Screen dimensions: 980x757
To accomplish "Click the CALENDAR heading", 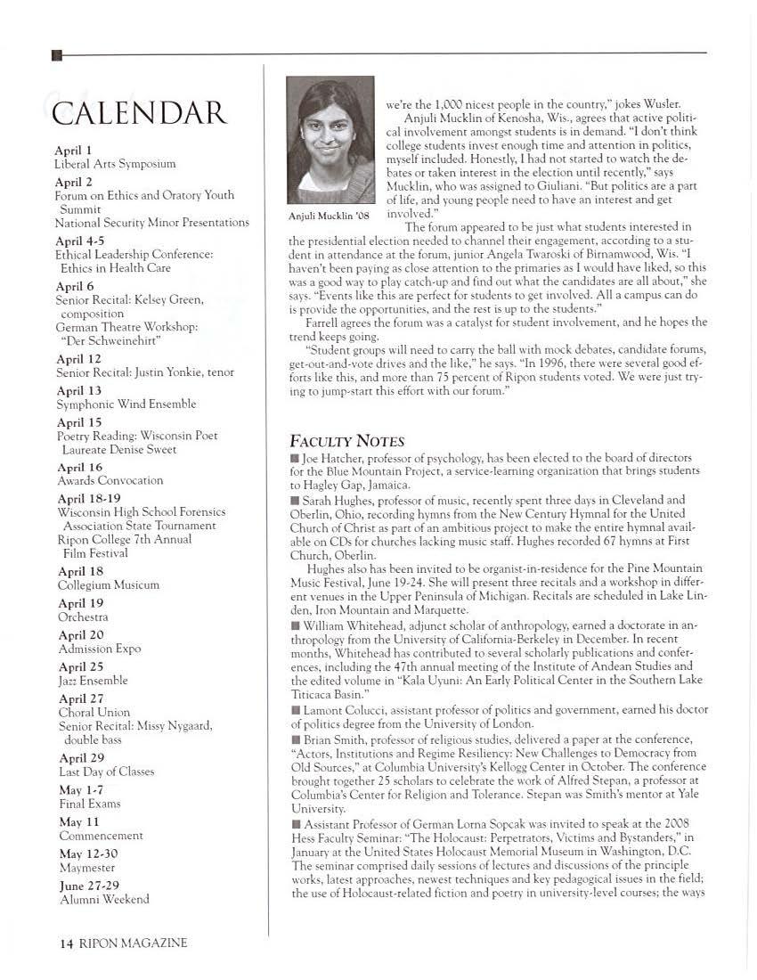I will (x=140, y=114).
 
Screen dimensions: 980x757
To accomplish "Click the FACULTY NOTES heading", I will (x=347, y=441).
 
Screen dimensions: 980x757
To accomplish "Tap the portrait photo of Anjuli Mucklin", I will (x=330, y=140).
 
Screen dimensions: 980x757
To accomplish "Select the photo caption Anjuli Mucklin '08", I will (x=329, y=216).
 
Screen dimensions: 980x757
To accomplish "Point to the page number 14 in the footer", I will (x=53, y=943).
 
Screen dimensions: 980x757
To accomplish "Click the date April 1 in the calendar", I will (x=74, y=150).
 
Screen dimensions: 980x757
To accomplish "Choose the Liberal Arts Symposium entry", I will (x=115, y=164).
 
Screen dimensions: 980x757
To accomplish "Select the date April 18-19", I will (x=88, y=499).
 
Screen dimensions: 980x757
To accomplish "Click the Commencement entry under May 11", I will (x=101, y=836).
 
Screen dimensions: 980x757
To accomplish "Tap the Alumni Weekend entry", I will (x=103, y=900).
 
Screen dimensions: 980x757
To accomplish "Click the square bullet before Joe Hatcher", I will (x=295, y=458).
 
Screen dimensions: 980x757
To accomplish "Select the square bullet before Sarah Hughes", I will (x=295, y=501).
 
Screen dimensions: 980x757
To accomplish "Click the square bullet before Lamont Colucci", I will (x=295, y=710).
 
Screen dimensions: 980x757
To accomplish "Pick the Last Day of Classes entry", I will (x=106, y=772).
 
